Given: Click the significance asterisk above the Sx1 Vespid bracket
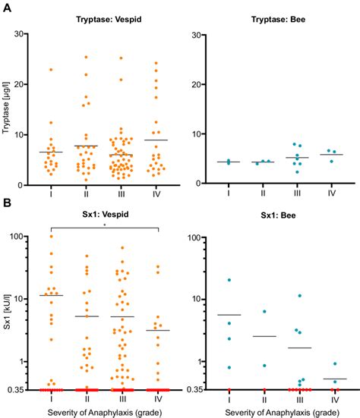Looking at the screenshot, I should pos(105,225).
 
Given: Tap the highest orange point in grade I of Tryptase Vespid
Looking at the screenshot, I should pos(52,70).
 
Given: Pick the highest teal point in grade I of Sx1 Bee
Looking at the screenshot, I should pos(229,280).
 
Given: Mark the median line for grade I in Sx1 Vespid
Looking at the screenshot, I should pos(52,295).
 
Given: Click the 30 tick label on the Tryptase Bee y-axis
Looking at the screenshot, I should pos(200,35).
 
